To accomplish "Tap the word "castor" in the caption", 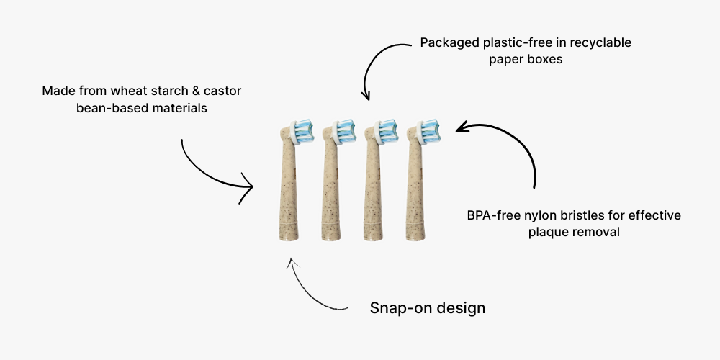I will point(224,91).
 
